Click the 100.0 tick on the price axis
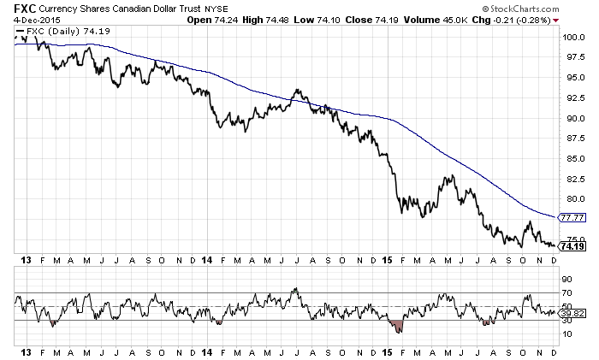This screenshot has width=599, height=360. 572,38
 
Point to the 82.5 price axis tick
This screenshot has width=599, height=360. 572,179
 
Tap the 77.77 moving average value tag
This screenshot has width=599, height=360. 572,217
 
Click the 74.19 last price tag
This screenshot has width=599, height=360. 572,246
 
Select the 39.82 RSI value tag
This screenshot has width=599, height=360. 572,314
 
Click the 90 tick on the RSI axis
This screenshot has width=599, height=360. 566,279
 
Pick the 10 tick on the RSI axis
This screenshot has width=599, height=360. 566,334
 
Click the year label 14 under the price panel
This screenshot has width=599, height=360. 208,258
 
